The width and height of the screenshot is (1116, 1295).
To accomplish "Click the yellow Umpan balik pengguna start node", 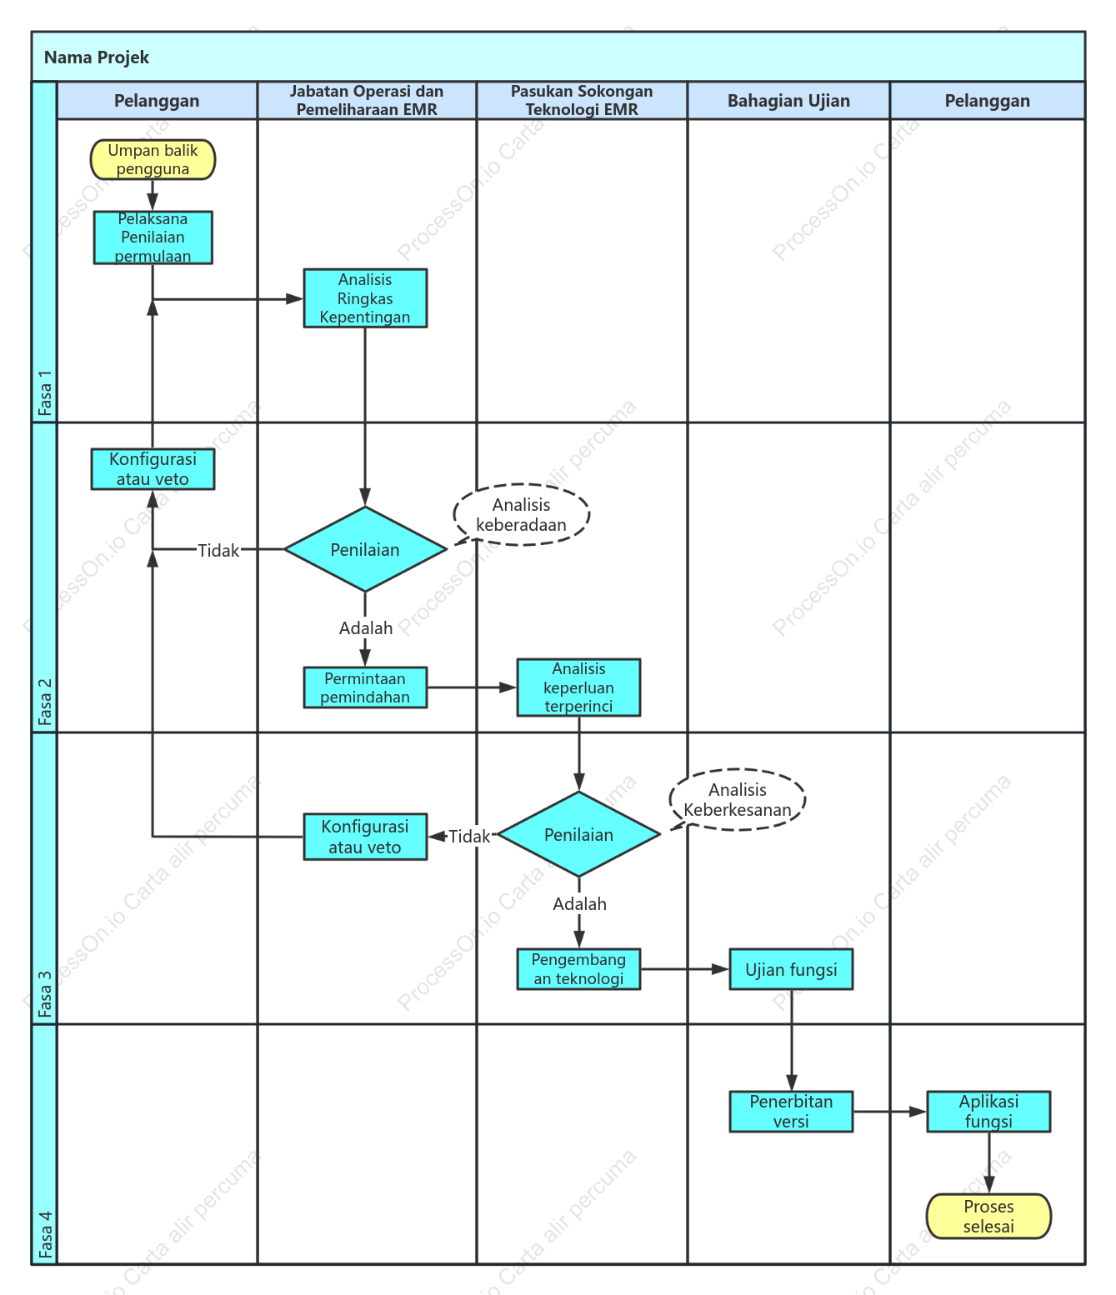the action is click(153, 159).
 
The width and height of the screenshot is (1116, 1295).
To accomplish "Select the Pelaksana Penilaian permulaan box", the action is click(153, 237).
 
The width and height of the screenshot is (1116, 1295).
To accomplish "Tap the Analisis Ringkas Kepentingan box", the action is click(365, 298).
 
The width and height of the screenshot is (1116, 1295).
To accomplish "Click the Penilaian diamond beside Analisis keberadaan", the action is click(365, 549).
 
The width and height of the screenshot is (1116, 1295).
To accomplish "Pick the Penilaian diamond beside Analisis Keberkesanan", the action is click(578, 834).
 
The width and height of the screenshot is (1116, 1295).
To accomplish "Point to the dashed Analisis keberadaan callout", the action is click(522, 514).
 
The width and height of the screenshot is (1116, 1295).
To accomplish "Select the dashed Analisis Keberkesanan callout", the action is click(738, 799).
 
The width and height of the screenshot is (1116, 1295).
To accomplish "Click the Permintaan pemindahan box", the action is click(365, 687).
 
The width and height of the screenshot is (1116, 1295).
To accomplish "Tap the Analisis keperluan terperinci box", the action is click(578, 687).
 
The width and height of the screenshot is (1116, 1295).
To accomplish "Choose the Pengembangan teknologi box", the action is click(578, 968).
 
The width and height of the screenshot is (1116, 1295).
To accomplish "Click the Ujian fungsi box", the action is click(791, 969).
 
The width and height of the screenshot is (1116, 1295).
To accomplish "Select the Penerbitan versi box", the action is click(791, 1112).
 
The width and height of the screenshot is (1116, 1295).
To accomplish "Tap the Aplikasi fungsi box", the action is click(988, 1112).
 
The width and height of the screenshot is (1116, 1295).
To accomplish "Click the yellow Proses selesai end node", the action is click(988, 1216).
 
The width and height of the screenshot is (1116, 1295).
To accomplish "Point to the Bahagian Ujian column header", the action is click(788, 100).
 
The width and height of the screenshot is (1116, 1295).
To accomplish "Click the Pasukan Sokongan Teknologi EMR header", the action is click(582, 100).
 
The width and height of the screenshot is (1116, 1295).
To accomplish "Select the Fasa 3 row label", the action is click(44, 994).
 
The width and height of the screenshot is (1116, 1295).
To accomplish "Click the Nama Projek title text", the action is click(97, 57).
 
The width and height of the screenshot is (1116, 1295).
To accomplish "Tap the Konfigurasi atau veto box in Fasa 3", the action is click(365, 837).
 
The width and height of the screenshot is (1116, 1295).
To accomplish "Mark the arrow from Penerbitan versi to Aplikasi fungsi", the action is click(890, 1112).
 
